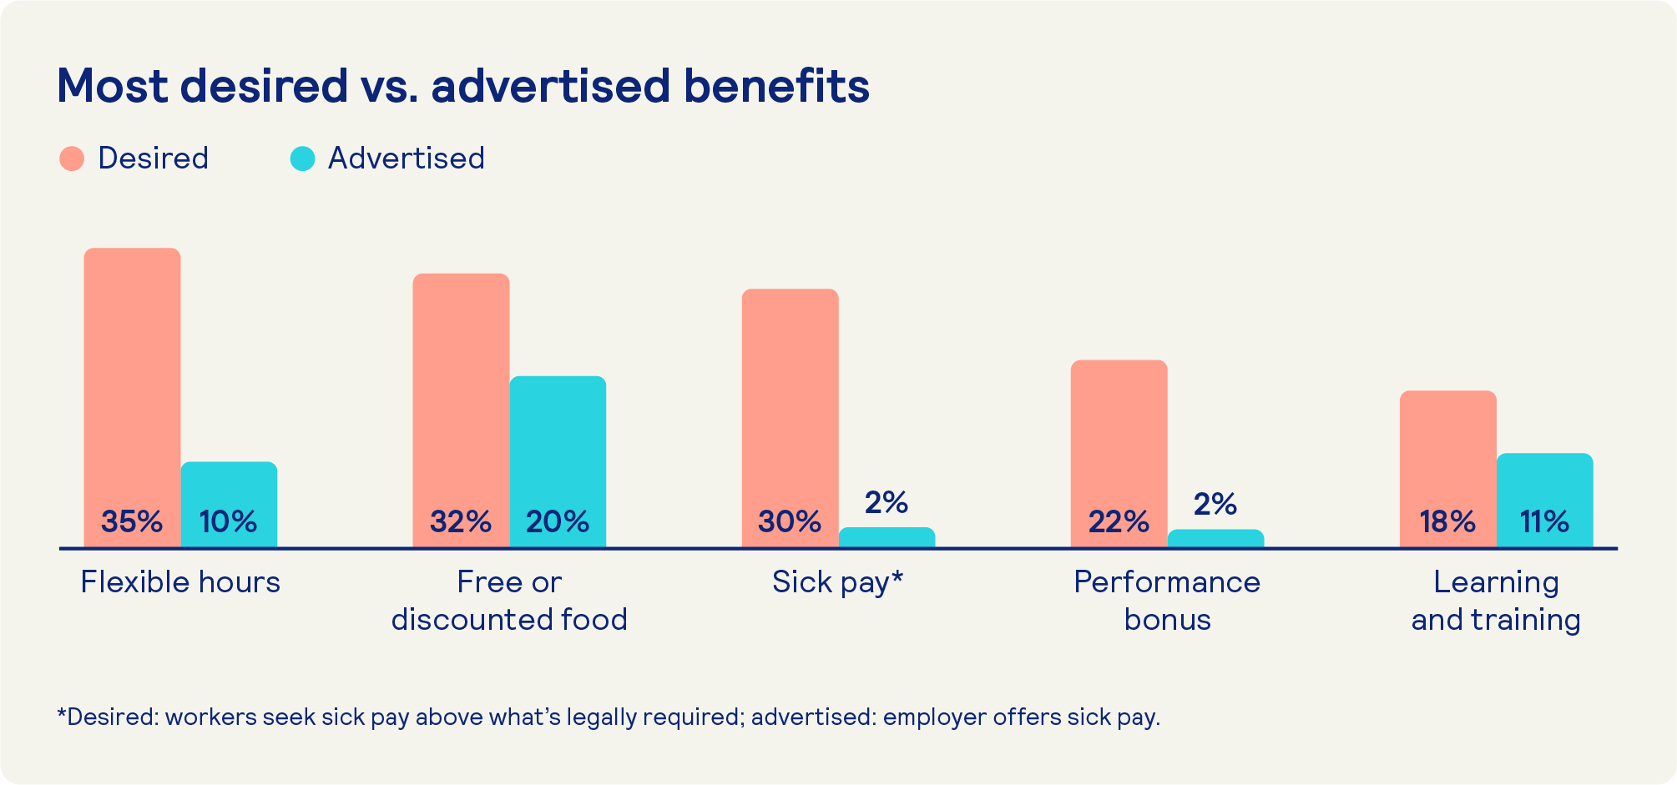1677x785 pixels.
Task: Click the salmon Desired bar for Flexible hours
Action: coord(132,375)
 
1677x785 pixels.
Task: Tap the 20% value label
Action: coord(558,522)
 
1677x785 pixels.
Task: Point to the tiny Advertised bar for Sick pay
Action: coord(886,537)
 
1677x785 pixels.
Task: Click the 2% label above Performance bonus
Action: coord(1215,504)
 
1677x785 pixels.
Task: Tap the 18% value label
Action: coord(1447,522)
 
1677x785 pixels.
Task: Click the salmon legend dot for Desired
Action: coord(72,159)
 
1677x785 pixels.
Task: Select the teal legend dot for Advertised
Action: coord(302,159)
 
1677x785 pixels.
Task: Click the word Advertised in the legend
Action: coord(406,159)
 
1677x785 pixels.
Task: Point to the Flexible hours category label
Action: coord(180,582)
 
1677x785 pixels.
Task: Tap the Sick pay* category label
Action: coord(837,582)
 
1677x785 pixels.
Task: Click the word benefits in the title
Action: coord(776,86)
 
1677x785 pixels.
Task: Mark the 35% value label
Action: coord(132,522)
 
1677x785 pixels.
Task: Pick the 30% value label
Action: coord(790,522)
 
